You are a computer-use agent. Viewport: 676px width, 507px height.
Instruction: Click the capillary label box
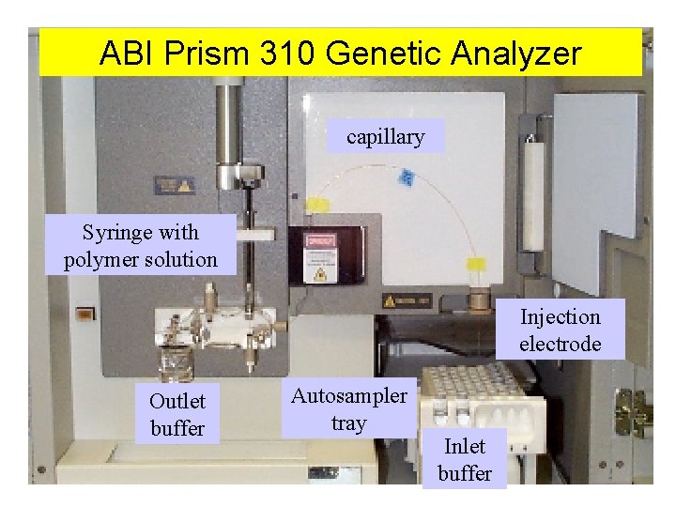click(385, 137)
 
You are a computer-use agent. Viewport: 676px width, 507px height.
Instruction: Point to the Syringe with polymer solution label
click(140, 246)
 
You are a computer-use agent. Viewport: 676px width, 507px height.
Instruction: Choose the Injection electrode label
click(560, 330)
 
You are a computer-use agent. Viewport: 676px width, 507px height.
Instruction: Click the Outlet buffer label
click(177, 414)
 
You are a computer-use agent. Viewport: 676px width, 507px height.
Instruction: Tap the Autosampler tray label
click(348, 409)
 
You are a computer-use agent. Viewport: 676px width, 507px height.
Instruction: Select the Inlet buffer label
click(464, 459)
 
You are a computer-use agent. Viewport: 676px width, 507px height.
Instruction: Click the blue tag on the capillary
click(407, 177)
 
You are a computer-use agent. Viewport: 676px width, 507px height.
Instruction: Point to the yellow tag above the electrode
click(477, 266)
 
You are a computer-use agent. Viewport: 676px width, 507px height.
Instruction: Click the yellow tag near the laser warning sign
click(316, 204)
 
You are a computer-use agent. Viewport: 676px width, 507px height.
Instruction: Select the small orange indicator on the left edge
click(84, 315)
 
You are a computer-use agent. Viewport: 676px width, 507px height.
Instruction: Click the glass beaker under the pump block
click(176, 361)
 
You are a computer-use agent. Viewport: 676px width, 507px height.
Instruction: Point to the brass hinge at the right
click(630, 411)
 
